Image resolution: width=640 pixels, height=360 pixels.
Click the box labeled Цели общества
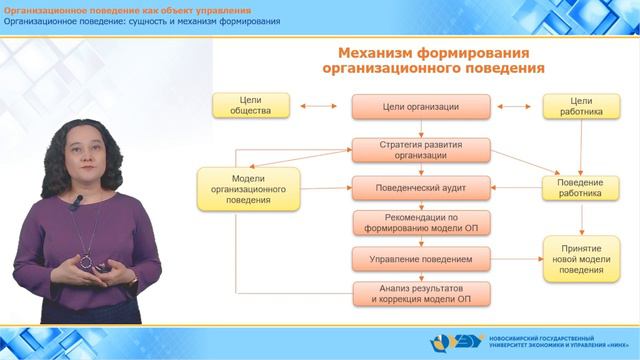(x=251, y=106)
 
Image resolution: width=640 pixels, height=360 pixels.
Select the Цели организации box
(x=421, y=106)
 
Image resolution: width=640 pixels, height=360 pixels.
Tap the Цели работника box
(x=581, y=106)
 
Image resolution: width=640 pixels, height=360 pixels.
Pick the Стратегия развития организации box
(x=421, y=150)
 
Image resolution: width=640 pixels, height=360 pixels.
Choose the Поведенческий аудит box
(x=421, y=186)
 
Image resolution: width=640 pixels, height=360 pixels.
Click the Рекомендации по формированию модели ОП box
(x=421, y=222)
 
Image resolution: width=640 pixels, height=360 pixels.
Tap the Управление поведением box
(x=421, y=259)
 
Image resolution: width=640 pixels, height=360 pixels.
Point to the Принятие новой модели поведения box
(x=581, y=258)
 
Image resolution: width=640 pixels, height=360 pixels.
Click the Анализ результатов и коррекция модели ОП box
(x=421, y=294)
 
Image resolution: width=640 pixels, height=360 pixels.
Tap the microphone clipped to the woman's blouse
(x=76, y=203)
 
